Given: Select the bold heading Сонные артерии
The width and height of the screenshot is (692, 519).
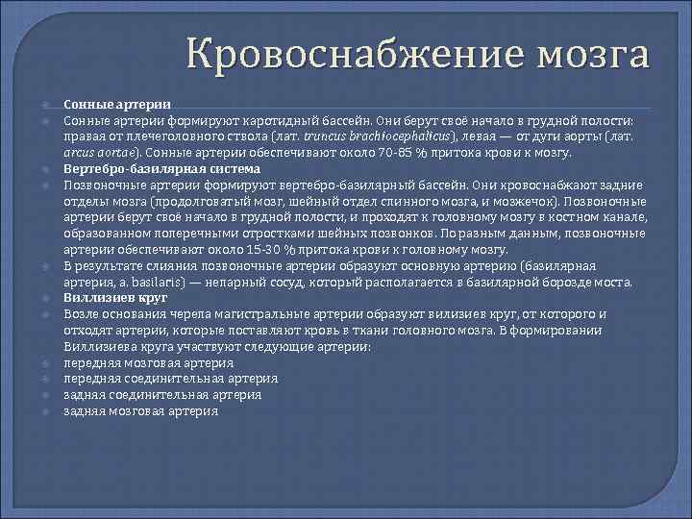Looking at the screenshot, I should click(117, 105).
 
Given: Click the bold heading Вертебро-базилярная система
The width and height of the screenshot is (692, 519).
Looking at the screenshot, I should click(161, 168).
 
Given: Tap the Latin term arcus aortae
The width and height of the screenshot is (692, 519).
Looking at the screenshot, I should click(101, 152).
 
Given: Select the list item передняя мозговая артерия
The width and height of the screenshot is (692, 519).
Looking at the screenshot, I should click(148, 362).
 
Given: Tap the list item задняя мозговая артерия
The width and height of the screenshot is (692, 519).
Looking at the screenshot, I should click(140, 411).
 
